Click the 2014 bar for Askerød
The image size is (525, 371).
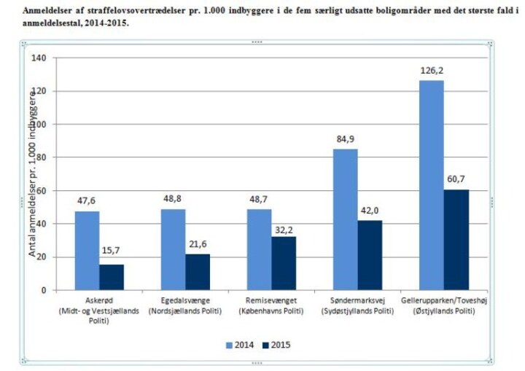coord(87,251)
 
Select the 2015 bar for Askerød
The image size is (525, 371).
coord(112,277)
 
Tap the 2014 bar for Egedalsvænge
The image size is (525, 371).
coord(173,249)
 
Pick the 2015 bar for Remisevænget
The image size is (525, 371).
coord(283,263)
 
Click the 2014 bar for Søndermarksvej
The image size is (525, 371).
coord(346,219)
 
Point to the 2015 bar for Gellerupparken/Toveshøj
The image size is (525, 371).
coord(456,240)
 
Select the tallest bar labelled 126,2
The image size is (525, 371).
coord(431,185)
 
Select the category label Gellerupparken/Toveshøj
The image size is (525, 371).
coord(443,300)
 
